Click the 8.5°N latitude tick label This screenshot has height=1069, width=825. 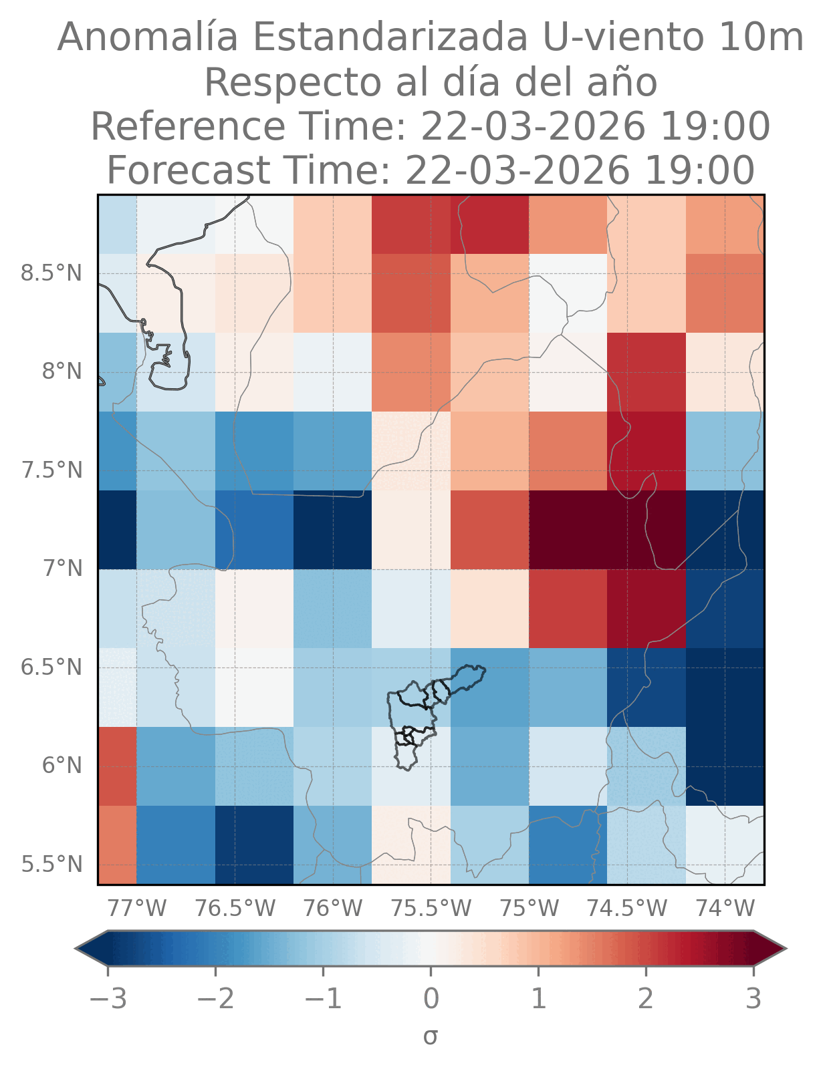tap(51, 273)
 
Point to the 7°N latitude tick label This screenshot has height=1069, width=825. tap(62, 569)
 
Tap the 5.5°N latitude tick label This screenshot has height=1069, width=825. tap(51, 864)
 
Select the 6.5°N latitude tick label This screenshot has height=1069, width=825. tap(51, 667)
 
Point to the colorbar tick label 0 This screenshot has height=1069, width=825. tap(431, 1000)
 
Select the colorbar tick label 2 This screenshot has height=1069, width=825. tap(646, 1000)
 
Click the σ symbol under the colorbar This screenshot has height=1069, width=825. tap(431, 1037)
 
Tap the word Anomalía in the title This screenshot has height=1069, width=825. tap(147, 37)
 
